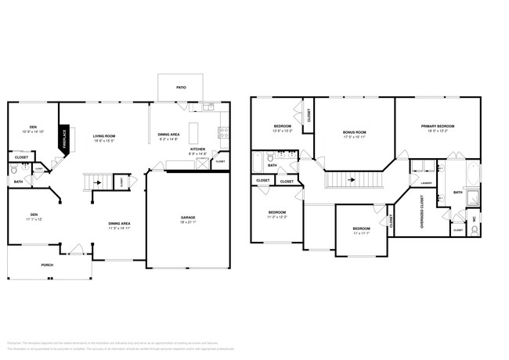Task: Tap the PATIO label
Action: [180, 88]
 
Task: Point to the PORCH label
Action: [48, 265]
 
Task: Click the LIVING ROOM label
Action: [105, 135]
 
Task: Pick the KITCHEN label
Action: [197, 149]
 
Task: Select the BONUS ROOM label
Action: [354, 132]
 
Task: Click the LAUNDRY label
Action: [426, 183]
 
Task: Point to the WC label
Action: [474, 218]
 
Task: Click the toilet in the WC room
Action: [474, 229]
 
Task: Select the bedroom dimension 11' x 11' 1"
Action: [360, 233]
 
